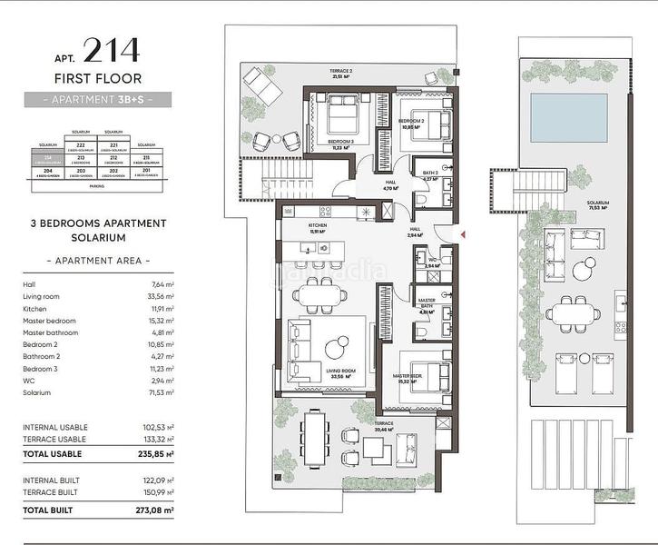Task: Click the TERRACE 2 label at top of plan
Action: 341,72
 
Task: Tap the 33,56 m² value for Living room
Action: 160,296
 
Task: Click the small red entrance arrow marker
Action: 464,235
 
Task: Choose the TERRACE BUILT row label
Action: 53,491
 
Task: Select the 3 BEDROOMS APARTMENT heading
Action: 98,223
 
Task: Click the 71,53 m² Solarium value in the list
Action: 160,393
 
